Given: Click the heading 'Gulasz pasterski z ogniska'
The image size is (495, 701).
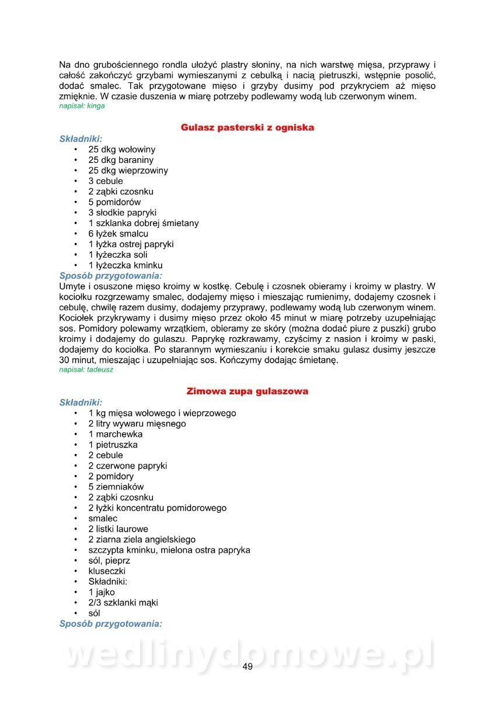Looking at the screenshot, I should pyautogui.click(x=247, y=127).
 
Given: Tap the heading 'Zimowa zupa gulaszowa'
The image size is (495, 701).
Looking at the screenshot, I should pyautogui.click(x=247, y=391).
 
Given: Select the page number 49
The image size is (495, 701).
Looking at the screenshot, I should pyautogui.click(x=247, y=667).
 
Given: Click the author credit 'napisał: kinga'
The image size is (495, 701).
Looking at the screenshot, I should pyautogui.click(x=82, y=106).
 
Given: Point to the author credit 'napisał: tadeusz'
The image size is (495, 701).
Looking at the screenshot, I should pyautogui.click(x=86, y=370).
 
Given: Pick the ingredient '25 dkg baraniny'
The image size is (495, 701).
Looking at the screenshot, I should pyautogui.click(x=121, y=160).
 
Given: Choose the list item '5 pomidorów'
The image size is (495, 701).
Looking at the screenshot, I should pyautogui.click(x=114, y=202).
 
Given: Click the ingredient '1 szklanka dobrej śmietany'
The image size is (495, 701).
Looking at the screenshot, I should pyautogui.click(x=144, y=223).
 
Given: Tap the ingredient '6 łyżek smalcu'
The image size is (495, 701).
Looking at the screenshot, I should pyautogui.click(x=118, y=234).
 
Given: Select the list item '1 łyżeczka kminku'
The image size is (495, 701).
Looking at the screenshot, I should pyautogui.click(x=126, y=265).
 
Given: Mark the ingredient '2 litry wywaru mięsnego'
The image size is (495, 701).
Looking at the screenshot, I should pyautogui.click(x=137, y=424).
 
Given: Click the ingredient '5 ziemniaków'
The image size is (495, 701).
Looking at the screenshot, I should pyautogui.click(x=116, y=487).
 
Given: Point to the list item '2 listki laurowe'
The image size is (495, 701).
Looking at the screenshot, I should pyautogui.click(x=118, y=529).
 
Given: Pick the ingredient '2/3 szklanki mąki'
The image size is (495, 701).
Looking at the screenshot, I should pyautogui.click(x=123, y=602).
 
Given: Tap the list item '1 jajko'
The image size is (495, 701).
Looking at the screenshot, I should pyautogui.click(x=102, y=592).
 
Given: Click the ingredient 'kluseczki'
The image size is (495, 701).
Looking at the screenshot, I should pyautogui.click(x=107, y=571).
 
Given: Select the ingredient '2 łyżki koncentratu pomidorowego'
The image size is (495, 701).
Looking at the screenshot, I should pyautogui.click(x=158, y=508).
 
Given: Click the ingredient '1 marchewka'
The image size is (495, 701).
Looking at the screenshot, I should pyautogui.click(x=116, y=434).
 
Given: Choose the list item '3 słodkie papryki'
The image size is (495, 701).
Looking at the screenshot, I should pyautogui.click(x=123, y=213).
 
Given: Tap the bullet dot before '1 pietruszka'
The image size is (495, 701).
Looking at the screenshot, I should pyautogui.click(x=76, y=445).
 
